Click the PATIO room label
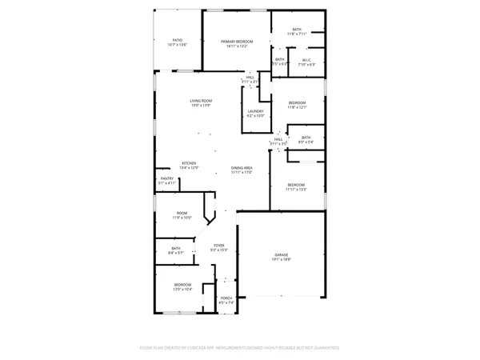(x=178, y=40)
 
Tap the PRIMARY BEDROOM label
(x=237, y=41)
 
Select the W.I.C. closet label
(x=306, y=59)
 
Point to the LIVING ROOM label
(x=200, y=100)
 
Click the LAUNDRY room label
(x=255, y=111)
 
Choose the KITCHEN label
(x=189, y=162)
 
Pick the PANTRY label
(x=167, y=178)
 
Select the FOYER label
(x=218, y=245)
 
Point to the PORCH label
(x=226, y=298)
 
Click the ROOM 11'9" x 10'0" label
(x=182, y=213)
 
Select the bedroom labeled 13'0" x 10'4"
(x=182, y=286)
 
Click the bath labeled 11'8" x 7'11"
(x=297, y=31)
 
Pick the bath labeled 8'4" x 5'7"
(x=176, y=250)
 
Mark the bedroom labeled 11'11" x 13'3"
(x=297, y=186)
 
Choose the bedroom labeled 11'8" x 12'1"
(x=297, y=104)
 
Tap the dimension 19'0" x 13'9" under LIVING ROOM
(x=200, y=105)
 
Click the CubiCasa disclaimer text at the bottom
(x=240, y=348)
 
